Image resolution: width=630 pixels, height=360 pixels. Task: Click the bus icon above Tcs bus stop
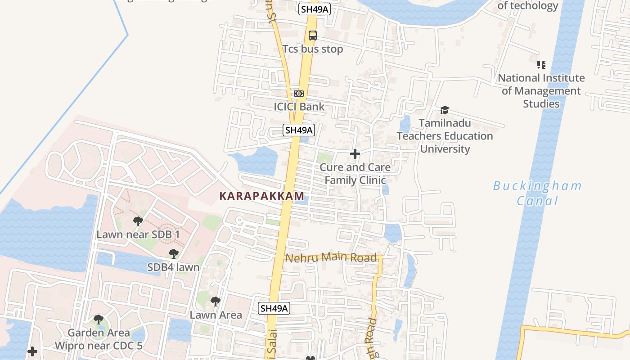(x=312, y=36)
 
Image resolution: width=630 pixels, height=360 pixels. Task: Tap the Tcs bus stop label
(x=312, y=49)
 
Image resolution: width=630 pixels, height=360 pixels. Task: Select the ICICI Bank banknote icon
(x=299, y=94)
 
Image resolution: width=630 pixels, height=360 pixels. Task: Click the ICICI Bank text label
(x=299, y=107)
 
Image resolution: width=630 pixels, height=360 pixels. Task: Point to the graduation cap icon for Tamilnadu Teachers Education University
(x=445, y=110)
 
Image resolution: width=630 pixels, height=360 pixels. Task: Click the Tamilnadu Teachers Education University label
(x=445, y=136)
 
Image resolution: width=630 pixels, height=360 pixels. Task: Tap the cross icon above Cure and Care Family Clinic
(x=355, y=154)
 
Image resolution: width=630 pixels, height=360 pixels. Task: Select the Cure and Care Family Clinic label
(x=355, y=174)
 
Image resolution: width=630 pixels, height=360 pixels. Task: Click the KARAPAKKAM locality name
(x=261, y=196)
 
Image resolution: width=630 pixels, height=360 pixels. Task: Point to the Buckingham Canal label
(x=537, y=193)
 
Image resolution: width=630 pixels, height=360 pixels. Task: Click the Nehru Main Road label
(x=331, y=258)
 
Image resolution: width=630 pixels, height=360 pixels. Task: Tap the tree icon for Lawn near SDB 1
(x=138, y=221)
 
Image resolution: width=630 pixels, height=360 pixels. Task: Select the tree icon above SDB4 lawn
(x=173, y=254)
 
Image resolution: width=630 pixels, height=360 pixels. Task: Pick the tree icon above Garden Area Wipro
(x=99, y=319)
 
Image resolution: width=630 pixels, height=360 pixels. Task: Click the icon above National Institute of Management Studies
(x=541, y=65)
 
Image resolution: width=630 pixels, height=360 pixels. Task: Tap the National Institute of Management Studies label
(x=541, y=91)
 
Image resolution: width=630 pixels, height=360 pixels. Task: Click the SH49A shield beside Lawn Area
(x=274, y=308)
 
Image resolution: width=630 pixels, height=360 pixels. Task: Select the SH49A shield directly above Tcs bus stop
(x=315, y=9)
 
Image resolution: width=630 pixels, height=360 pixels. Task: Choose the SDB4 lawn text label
(x=173, y=267)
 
